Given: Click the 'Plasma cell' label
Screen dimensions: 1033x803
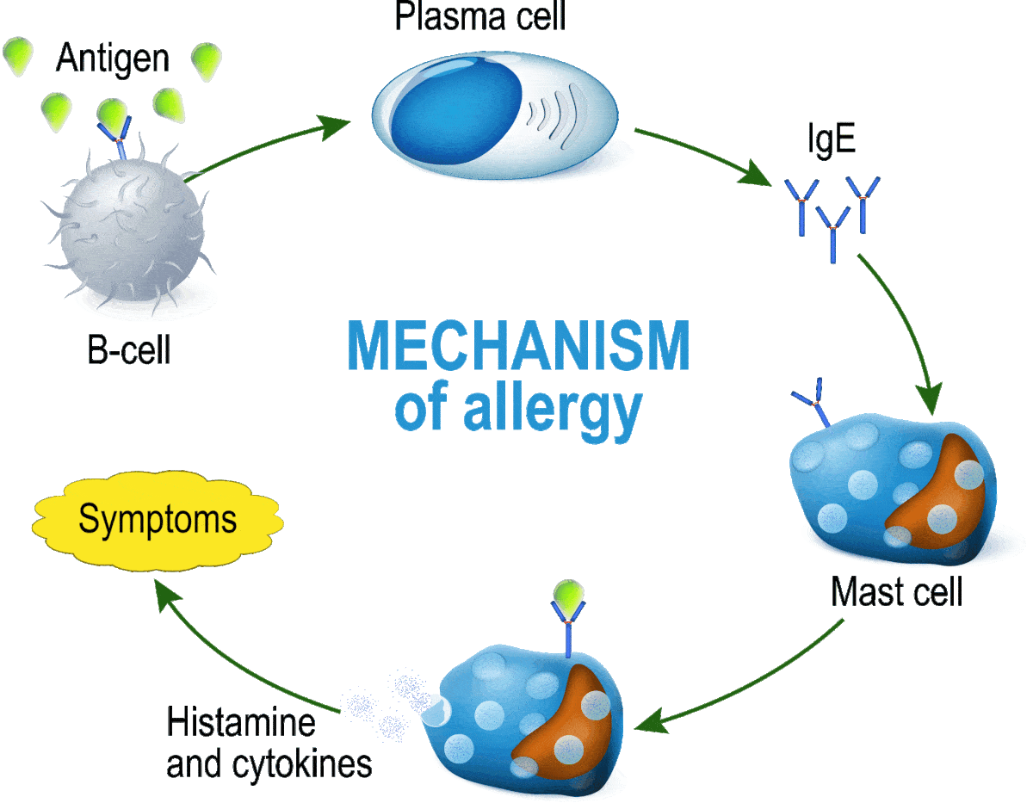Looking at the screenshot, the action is [480, 16].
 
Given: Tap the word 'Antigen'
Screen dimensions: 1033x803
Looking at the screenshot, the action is [113, 59].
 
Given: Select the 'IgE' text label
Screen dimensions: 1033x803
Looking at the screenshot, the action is [832, 138].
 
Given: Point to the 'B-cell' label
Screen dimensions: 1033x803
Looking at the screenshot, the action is [129, 349].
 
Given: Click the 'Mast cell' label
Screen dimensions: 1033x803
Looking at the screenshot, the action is [897, 591].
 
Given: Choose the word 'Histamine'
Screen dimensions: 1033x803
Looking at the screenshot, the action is [241, 722].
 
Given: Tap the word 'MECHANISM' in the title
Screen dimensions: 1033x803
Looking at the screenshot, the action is [518, 345].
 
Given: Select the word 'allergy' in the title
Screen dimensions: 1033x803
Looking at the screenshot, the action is [553, 410].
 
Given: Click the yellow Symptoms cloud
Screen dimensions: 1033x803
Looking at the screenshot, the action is [158, 520].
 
